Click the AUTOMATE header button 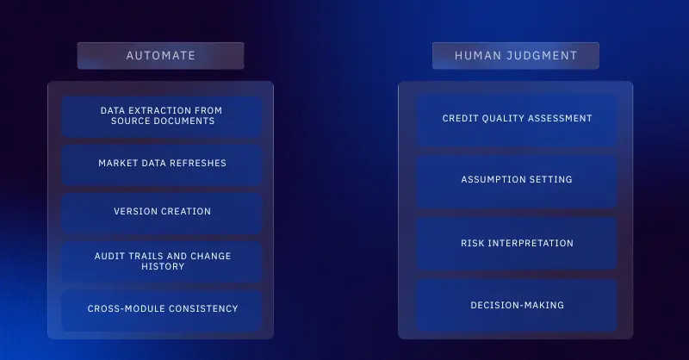161,56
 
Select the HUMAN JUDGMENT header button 515,56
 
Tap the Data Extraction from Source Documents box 162,116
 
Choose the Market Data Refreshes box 162,164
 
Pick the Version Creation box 162,212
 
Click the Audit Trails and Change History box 162,261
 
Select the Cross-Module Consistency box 162,309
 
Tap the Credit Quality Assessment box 517,119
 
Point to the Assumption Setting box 517,181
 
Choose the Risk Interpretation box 517,244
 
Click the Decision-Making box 517,306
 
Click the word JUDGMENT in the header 543,56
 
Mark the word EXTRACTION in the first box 166,111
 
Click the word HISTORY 162,267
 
